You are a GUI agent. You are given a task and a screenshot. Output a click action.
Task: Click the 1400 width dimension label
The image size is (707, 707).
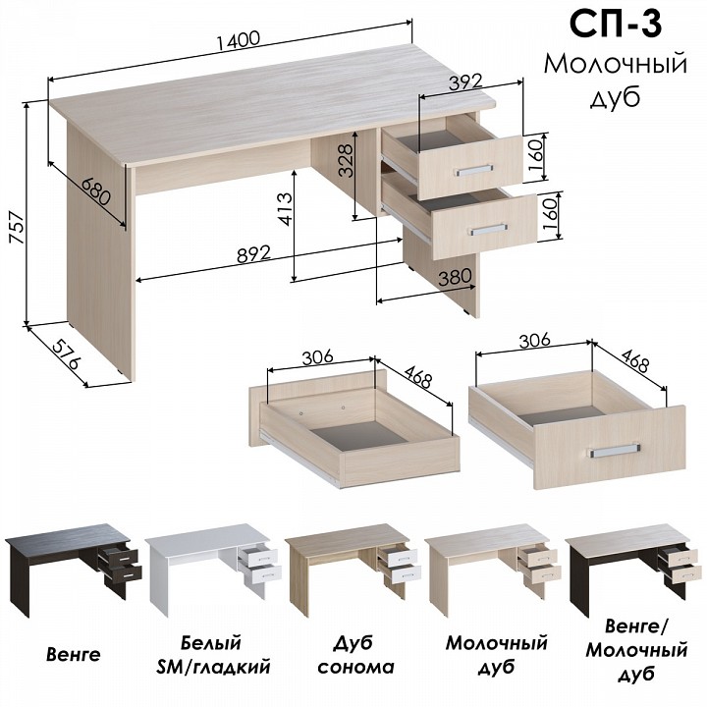click(238, 40)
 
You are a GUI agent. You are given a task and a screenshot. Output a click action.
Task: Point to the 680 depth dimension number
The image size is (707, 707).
click(96, 190)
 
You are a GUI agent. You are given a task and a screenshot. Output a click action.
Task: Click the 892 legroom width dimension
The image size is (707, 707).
click(254, 254)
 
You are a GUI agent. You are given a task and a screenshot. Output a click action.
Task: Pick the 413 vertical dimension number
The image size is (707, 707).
click(285, 209)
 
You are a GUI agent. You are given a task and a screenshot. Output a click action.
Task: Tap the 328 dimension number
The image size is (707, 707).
click(345, 161)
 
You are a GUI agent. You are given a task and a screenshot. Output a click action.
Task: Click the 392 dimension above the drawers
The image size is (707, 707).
click(465, 82)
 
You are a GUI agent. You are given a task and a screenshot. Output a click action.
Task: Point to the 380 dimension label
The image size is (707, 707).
click(455, 277)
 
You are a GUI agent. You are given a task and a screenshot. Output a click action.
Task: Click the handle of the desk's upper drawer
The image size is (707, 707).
click(473, 170)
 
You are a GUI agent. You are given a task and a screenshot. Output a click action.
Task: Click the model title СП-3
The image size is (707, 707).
click(616, 24)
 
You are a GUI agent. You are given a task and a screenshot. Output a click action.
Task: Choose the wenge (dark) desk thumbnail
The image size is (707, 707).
click(74, 569)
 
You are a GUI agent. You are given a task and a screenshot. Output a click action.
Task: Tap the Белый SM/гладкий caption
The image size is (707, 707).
click(213, 655)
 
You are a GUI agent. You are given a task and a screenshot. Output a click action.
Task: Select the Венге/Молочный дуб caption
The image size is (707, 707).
click(636, 650)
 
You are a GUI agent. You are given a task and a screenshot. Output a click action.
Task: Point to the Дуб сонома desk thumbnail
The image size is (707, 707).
click(353, 569)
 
